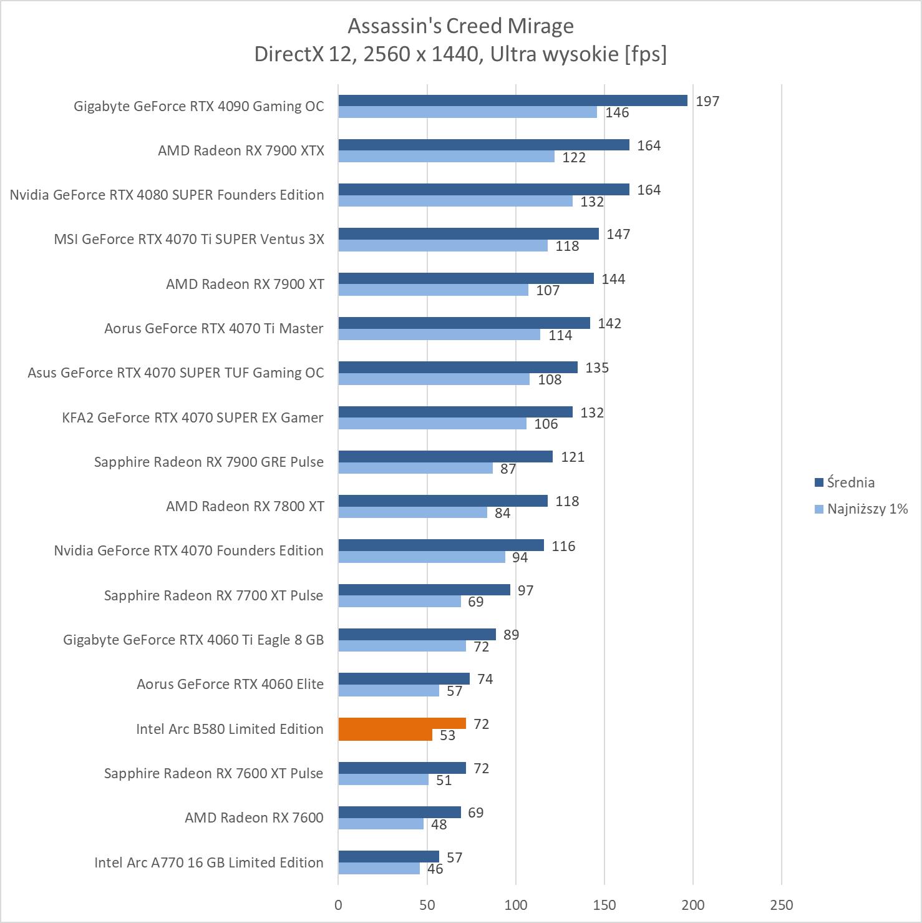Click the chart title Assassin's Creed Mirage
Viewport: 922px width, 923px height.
460,26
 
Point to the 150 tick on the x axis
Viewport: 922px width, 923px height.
604,905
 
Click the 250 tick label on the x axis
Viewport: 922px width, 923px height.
781,905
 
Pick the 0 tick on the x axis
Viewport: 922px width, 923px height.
338,905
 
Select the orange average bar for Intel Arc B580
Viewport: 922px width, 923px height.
402,724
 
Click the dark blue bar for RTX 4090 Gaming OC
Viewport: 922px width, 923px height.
513,100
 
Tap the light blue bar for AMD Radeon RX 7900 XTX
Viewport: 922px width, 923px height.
446,157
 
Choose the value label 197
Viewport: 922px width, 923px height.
707,101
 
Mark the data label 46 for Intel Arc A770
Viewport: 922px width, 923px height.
435,869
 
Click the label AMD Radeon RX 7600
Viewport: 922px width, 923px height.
254,818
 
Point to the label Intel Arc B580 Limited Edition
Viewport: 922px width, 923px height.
230,729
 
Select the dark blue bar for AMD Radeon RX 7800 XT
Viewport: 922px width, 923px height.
443,501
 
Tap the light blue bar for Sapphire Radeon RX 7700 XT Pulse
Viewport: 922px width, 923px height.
399,602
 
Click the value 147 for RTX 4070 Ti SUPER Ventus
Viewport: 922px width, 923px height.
618,234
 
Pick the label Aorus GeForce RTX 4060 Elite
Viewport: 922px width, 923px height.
230,684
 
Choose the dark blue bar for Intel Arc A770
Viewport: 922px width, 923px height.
389,857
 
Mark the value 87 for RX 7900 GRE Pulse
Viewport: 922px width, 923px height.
508,469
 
